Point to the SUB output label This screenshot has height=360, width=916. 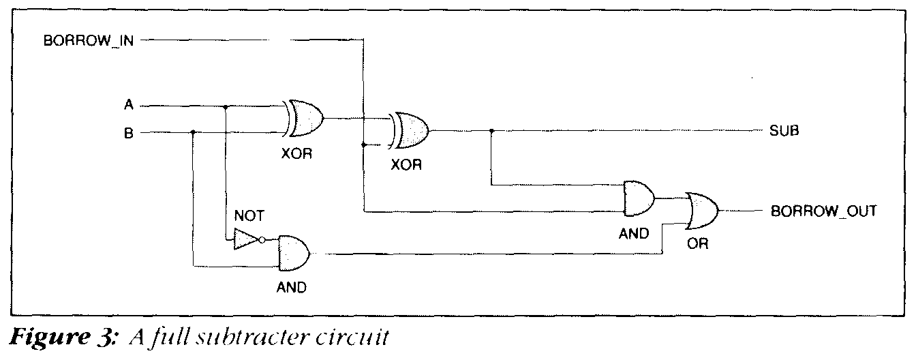pos(784,132)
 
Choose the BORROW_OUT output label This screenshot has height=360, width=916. pos(823,211)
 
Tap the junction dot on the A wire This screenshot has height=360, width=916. pos(226,106)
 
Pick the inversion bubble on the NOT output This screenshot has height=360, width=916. pos(262,239)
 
